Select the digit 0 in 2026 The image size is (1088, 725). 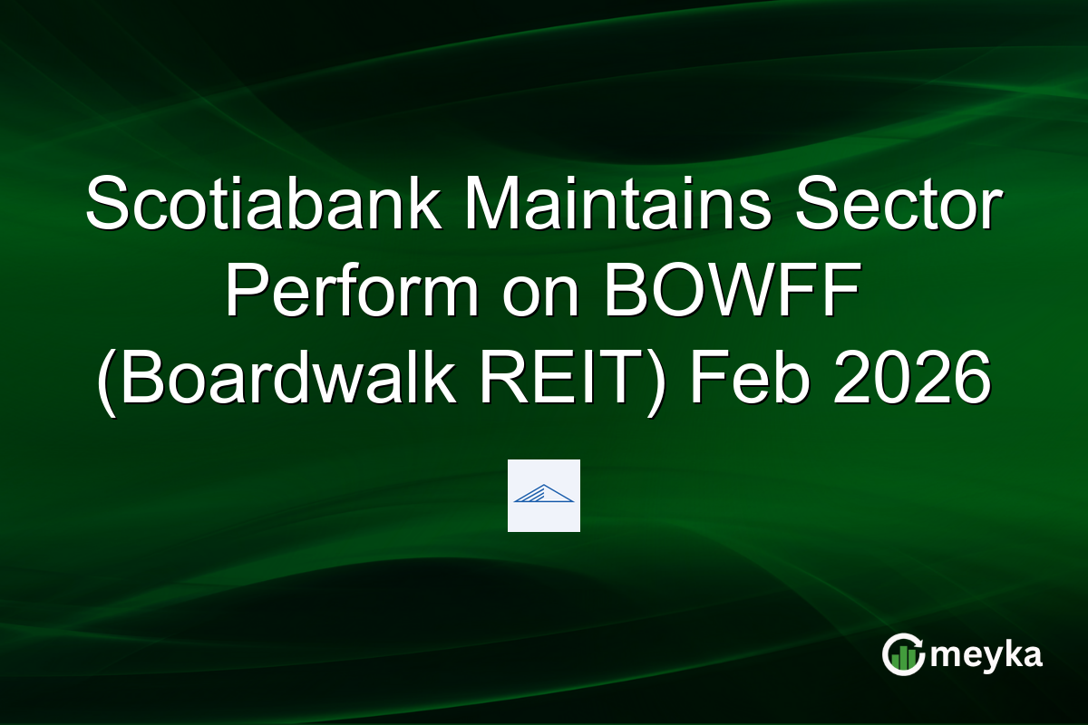(x=898, y=381)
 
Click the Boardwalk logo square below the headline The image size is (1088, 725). (x=543, y=495)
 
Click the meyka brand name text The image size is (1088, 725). (x=985, y=655)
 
